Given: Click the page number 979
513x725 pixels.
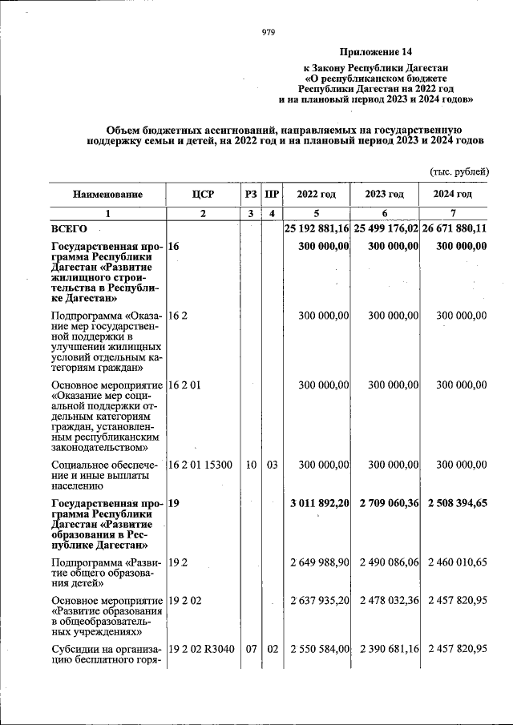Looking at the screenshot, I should (x=268, y=33).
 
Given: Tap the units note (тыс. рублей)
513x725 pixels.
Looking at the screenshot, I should (x=459, y=171).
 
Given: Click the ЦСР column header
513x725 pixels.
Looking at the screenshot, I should (x=203, y=195).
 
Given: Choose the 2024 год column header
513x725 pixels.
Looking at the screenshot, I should (x=452, y=195).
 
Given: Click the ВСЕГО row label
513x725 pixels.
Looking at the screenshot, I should (x=70, y=229).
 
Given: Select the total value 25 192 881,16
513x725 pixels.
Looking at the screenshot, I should (x=317, y=229).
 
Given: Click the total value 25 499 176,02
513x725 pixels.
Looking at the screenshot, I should (x=386, y=229).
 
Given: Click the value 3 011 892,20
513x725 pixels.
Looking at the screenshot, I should (x=318, y=504).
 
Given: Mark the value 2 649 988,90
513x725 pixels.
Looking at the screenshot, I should (x=318, y=564).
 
